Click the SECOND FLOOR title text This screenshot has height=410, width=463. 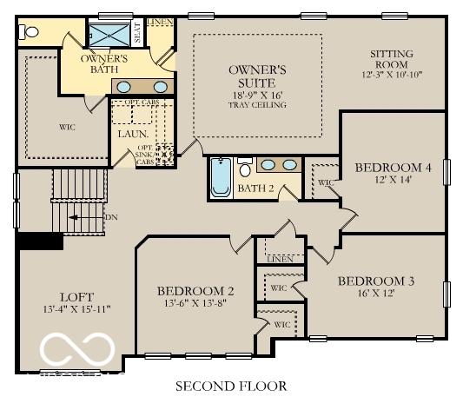[231, 386]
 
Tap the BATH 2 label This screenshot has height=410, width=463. [257, 188]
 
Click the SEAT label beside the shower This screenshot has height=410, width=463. [137, 32]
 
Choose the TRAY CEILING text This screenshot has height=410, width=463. [257, 105]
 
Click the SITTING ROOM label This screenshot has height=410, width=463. [391, 59]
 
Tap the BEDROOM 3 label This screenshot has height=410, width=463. [375, 281]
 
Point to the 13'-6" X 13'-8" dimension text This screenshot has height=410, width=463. [195, 304]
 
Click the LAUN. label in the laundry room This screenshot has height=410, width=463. [132, 134]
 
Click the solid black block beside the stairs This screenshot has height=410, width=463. [40, 241]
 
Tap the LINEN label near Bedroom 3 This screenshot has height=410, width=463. [280, 259]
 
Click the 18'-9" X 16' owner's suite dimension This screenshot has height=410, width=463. [256, 94]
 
